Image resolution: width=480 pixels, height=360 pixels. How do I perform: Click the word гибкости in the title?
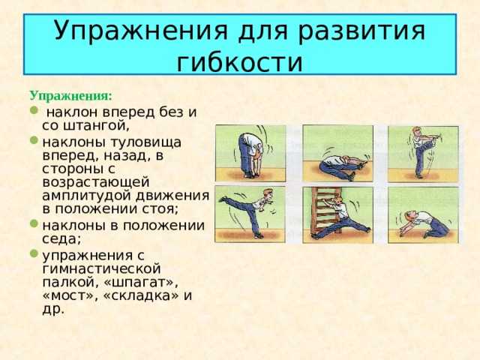[x=240, y=63]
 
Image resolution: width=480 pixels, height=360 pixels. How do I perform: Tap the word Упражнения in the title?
[x=141, y=31]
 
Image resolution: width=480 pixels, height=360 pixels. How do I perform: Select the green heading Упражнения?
[x=70, y=96]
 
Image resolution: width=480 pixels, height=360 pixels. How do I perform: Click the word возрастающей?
[x=96, y=182]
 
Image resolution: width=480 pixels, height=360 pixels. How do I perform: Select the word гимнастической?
[x=101, y=269]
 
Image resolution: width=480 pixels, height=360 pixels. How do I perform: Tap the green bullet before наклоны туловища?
[x=34, y=140]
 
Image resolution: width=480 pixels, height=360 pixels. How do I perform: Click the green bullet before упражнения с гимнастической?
[x=34, y=253]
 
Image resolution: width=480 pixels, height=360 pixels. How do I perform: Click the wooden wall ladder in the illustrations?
[x=325, y=209]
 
